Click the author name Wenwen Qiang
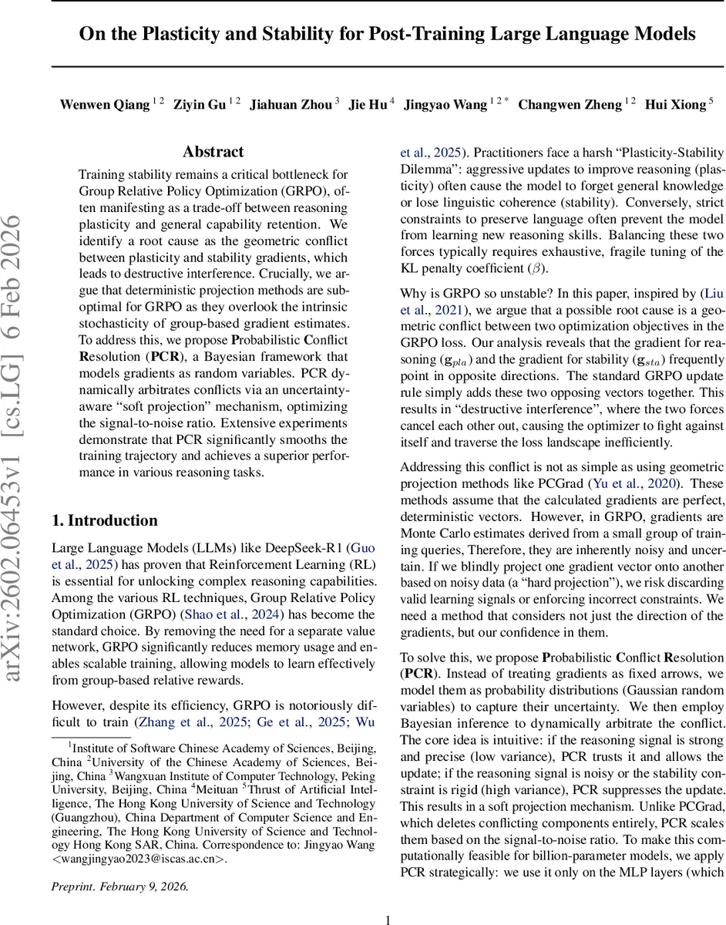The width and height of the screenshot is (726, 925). [104, 105]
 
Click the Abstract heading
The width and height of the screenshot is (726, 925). [213, 152]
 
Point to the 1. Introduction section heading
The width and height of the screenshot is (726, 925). [105, 520]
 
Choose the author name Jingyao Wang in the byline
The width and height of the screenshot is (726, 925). [447, 105]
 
